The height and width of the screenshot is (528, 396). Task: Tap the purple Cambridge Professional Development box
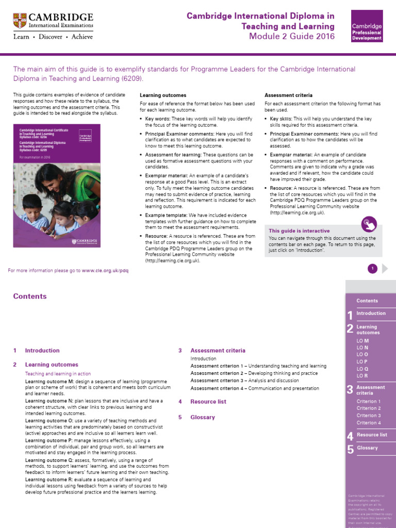click(x=367, y=26)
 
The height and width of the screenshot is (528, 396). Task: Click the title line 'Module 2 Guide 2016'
click(x=292, y=36)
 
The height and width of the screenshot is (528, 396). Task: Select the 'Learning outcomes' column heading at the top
click(x=163, y=95)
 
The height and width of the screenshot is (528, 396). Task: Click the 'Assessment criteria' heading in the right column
click(x=287, y=95)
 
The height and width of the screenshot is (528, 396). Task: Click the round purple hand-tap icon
click(x=369, y=224)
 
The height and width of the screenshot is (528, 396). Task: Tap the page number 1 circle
click(x=372, y=268)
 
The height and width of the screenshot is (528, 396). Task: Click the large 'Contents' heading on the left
click(x=30, y=296)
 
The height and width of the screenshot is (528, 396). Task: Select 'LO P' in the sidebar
click(x=362, y=362)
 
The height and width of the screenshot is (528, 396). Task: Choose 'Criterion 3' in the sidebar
click(x=368, y=416)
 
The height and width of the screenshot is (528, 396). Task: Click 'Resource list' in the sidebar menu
click(x=371, y=435)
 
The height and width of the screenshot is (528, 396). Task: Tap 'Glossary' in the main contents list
click(x=202, y=417)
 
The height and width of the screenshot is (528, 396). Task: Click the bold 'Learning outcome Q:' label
click(x=48, y=460)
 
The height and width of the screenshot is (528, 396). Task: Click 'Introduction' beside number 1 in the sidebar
click(x=371, y=313)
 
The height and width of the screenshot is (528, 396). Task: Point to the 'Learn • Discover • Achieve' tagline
click(x=53, y=37)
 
